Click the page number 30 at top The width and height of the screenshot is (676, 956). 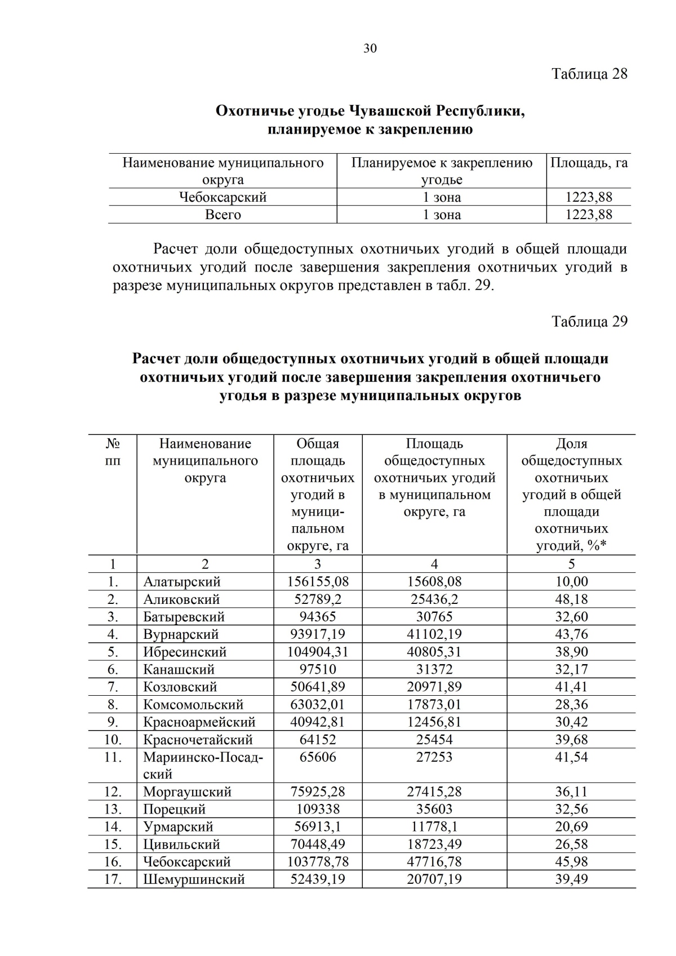tap(370, 48)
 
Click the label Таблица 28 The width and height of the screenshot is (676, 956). tap(589, 74)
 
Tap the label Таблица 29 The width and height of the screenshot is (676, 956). tap(589, 322)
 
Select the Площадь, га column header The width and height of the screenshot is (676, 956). tap(589, 163)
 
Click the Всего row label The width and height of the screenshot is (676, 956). tap(223, 215)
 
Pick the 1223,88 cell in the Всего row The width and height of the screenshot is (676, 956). tap(589, 215)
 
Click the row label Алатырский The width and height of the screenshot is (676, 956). tap(181, 582)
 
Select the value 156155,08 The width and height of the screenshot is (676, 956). tap(318, 582)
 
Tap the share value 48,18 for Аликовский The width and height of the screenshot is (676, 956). tap(571, 599)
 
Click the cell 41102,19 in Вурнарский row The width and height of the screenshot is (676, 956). tap(434, 634)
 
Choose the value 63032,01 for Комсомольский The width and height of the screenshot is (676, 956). tap(318, 705)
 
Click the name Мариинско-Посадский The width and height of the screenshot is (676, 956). tap(203, 765)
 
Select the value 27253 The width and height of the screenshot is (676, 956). tap(434, 757)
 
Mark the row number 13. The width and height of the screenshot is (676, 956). tap(113, 810)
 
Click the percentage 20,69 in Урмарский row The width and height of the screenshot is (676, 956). tap(571, 827)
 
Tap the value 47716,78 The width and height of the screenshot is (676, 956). tap(434, 862)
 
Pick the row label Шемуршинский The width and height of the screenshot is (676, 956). tap(194, 879)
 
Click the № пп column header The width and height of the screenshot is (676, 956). tap(113, 452)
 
